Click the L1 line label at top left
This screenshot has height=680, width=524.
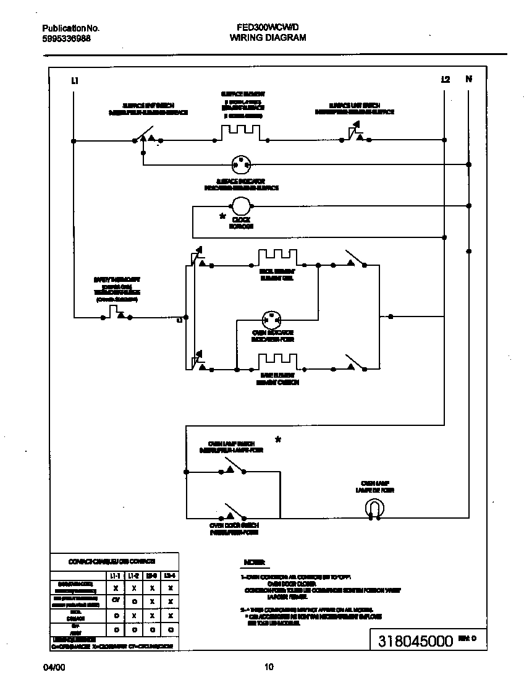(x=75, y=80)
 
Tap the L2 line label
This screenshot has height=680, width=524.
(x=446, y=79)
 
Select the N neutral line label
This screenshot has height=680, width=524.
(x=468, y=79)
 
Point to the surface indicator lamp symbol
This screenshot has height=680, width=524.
(x=240, y=165)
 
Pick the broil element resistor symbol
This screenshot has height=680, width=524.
(x=277, y=257)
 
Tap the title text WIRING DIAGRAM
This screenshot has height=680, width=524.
(x=268, y=38)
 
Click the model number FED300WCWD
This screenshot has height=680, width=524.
(x=268, y=28)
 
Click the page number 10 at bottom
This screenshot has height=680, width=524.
(x=268, y=666)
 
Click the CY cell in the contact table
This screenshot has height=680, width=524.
(x=116, y=600)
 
